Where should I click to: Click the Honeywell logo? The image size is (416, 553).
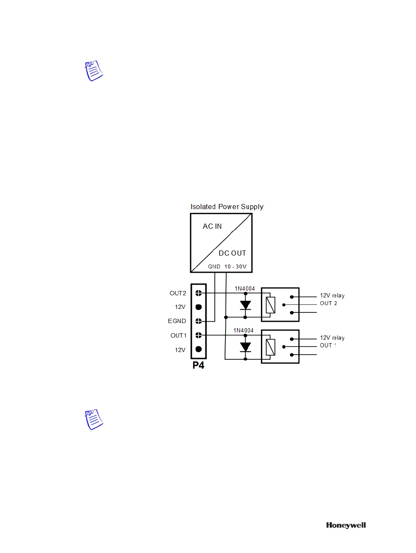[x=346, y=525]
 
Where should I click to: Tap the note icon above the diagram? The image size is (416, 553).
[x=94, y=71]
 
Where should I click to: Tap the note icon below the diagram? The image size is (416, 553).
[x=94, y=419]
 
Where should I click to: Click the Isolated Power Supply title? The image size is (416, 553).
[x=227, y=207]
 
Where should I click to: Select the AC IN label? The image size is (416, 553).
[x=212, y=226]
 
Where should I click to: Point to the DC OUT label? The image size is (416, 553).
[x=232, y=253]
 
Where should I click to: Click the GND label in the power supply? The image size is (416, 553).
[x=214, y=267]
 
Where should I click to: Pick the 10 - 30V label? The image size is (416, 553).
[x=235, y=267]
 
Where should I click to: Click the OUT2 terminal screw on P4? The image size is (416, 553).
[x=199, y=293]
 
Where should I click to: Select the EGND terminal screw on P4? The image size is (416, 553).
[x=199, y=321]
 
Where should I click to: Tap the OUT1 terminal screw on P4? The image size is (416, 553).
[x=199, y=335]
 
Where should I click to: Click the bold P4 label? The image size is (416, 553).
[x=198, y=365]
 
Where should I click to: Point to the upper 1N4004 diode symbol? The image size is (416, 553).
[x=245, y=306]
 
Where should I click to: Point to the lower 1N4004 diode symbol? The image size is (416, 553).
[x=245, y=347]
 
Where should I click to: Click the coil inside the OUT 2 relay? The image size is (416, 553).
[x=270, y=305]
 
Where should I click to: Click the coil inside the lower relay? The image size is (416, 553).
[x=270, y=347]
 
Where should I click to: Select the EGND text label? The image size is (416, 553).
[x=177, y=321]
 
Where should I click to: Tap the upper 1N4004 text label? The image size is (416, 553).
[x=245, y=289]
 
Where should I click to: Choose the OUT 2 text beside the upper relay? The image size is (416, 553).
[x=328, y=303]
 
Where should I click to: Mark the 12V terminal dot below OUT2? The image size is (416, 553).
[x=199, y=307]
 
